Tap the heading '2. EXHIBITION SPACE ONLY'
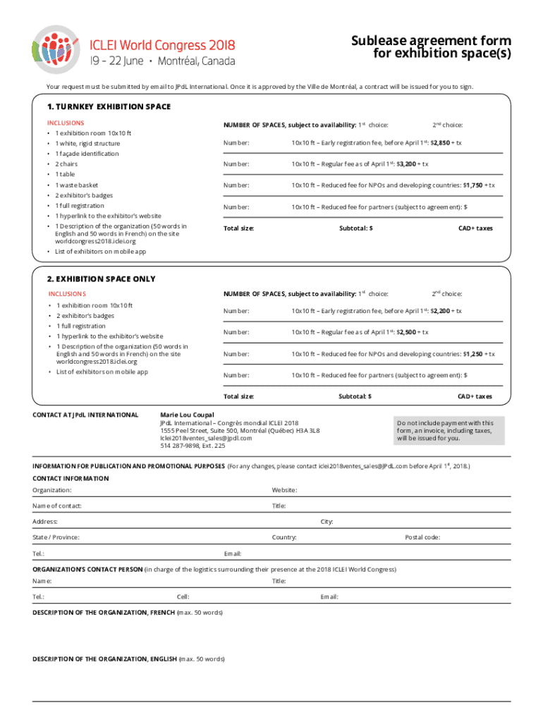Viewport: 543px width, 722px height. click(101, 279)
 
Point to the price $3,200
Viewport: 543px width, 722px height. click(407, 164)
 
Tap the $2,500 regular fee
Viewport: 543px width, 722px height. click(407, 332)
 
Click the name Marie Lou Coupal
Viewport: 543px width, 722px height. click(187, 415)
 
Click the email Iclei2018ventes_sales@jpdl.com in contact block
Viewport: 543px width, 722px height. click(206, 438)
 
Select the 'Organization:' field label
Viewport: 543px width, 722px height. click(51, 490)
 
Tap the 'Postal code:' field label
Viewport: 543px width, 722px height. click(422, 537)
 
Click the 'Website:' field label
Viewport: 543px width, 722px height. click(284, 490)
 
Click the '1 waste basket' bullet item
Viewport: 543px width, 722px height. click(78, 185)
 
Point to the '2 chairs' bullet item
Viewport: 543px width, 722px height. click(67, 164)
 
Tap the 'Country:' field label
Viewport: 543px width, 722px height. click(284, 537)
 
